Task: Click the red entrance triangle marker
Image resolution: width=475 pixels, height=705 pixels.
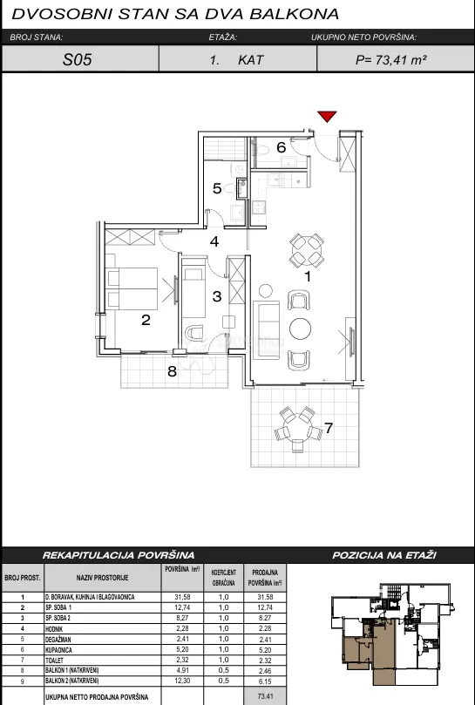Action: pyautogui.click(x=327, y=117)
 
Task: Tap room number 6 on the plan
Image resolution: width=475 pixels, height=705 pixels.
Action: pyautogui.click(x=282, y=147)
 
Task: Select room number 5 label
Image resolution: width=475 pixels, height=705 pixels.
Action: pyautogui.click(x=217, y=188)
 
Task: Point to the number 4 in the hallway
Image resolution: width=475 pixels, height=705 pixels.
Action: pyautogui.click(x=214, y=241)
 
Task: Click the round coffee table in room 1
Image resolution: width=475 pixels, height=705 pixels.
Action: pyautogui.click(x=300, y=329)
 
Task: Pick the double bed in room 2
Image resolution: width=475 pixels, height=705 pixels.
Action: pyautogui.click(x=132, y=288)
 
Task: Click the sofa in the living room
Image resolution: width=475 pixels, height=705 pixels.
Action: pyautogui.click(x=267, y=330)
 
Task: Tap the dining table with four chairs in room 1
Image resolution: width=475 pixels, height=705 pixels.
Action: pyautogui.click(x=307, y=249)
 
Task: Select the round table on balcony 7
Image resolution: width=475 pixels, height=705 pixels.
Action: pyautogui.click(x=298, y=428)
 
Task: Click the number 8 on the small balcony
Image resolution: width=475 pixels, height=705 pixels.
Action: pyautogui.click(x=172, y=372)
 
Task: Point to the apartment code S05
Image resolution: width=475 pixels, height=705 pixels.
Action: pyautogui.click(x=78, y=60)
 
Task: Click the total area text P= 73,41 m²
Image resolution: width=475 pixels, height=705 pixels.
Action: pyautogui.click(x=390, y=60)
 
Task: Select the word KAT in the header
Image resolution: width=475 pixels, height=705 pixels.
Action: pyautogui.click(x=250, y=60)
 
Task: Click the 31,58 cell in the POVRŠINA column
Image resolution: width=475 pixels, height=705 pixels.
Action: pyautogui.click(x=182, y=597)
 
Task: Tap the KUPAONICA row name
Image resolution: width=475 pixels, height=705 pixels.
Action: pyautogui.click(x=58, y=650)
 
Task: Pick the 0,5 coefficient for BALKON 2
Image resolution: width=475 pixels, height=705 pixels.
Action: pyautogui.click(x=224, y=681)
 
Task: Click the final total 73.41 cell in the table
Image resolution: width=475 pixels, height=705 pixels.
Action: pyautogui.click(x=265, y=697)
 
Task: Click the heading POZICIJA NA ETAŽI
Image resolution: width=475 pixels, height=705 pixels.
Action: pyautogui.click(x=384, y=555)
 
